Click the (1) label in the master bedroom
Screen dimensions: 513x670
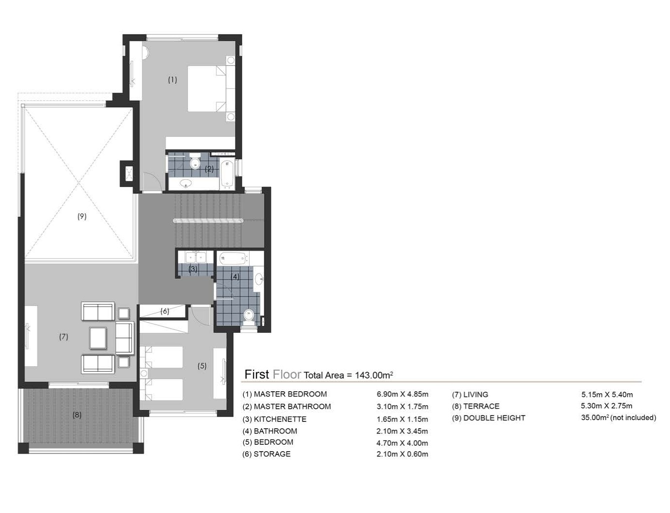(172, 80)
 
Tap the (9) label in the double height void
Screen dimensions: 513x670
(82, 216)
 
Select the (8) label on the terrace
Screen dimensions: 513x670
(77, 415)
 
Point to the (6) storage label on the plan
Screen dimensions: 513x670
(164, 311)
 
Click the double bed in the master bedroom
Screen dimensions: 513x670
(206, 89)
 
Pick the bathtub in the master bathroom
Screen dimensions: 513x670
(227, 174)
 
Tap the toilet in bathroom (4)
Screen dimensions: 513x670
(249, 316)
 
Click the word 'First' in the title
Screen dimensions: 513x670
(256, 374)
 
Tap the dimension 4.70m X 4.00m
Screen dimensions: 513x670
(402, 443)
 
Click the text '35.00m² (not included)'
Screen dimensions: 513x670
(618, 418)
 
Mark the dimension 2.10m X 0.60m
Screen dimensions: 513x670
(402, 454)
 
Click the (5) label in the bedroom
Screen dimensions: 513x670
(202, 365)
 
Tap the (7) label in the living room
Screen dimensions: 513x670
(63, 336)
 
